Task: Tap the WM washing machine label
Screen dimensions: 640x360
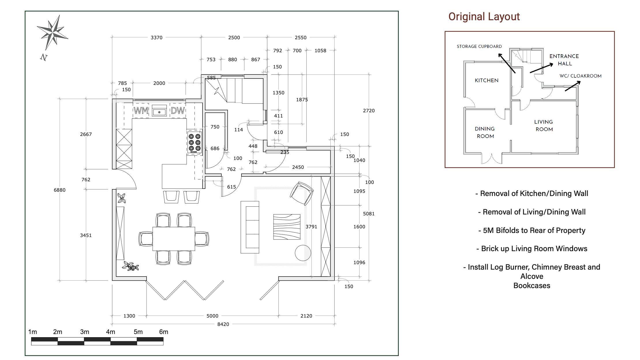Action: click(141, 111)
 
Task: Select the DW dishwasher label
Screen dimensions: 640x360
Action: click(178, 111)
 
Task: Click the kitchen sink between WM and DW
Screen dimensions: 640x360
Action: click(159, 111)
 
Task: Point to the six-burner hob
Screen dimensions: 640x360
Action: click(194, 142)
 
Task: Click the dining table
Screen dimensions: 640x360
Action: click(174, 239)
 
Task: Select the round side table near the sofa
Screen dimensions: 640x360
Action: click(303, 253)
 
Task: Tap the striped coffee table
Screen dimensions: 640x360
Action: click(287, 227)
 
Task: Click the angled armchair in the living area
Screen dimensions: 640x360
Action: click(302, 193)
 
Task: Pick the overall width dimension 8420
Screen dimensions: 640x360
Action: click(223, 324)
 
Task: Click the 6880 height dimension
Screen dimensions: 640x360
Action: click(60, 190)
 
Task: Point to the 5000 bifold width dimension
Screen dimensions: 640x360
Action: click(212, 316)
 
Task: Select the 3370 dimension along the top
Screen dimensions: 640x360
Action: click(156, 38)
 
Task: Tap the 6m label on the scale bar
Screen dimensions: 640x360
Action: click(164, 332)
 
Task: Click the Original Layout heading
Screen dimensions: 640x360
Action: click(484, 17)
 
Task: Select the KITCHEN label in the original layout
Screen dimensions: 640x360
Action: click(486, 81)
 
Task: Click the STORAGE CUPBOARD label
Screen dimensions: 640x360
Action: click(479, 46)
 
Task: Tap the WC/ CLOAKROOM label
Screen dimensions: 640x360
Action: click(580, 76)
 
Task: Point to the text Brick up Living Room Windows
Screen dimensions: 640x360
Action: click(532, 249)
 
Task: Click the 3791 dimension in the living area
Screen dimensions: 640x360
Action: click(311, 227)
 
